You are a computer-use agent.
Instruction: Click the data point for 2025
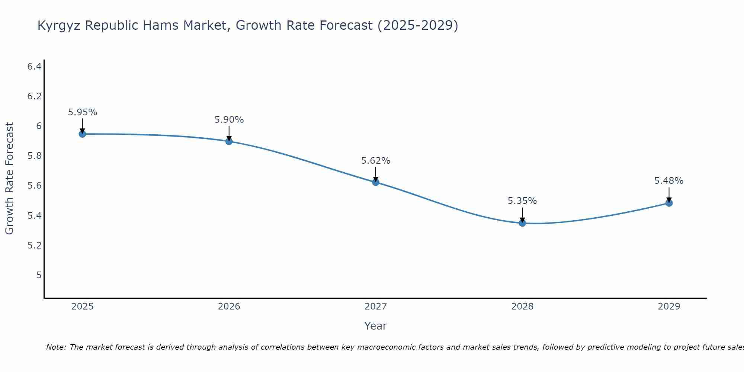(82, 134)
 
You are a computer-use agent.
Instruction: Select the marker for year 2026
(229, 141)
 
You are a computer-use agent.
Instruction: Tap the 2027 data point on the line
(376, 182)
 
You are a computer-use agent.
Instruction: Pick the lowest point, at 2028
(522, 223)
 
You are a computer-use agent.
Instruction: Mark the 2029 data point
(669, 203)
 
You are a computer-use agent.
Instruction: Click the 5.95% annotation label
(82, 112)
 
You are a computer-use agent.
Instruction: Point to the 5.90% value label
(229, 120)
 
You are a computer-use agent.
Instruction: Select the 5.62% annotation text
(376, 161)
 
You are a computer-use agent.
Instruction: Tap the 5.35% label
(522, 201)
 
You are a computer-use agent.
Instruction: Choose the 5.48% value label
(669, 181)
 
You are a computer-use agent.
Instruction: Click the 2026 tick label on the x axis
(229, 307)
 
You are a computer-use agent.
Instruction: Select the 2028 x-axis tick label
(522, 307)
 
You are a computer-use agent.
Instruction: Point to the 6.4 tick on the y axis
(34, 67)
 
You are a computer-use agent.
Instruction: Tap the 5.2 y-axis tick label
(34, 246)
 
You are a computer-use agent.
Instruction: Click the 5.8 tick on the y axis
(34, 156)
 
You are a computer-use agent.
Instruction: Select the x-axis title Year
(376, 326)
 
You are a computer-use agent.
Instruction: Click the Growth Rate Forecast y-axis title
(9, 179)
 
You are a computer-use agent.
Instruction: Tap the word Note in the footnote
(55, 347)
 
